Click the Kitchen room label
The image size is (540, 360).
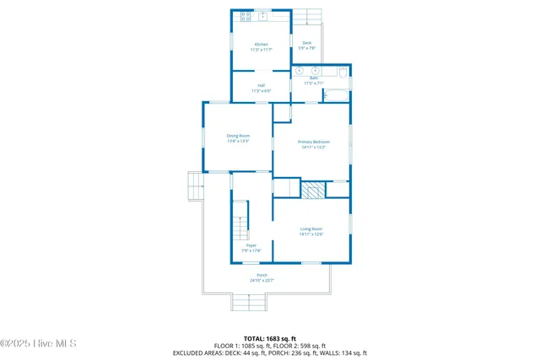(262, 46)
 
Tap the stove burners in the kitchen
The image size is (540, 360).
(246, 15)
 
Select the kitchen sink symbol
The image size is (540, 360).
(263, 15)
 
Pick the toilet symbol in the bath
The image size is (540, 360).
(327, 95)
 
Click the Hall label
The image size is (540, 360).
(262, 88)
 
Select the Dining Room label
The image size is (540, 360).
(238, 138)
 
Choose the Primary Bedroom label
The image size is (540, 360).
(313, 144)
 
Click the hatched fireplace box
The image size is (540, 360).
(314, 190)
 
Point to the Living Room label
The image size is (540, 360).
(311, 231)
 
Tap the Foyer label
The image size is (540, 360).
(251, 248)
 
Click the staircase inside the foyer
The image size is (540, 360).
(241, 221)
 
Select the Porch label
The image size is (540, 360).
(262, 277)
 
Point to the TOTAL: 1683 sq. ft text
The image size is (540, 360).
(269, 337)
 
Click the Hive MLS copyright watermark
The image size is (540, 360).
(39, 343)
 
